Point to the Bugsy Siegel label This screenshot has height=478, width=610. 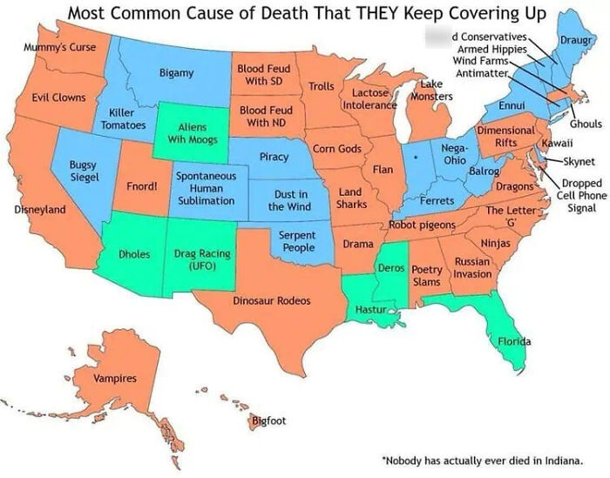pos(85,171)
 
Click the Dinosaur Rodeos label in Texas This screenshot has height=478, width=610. pos(271,300)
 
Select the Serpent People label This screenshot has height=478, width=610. pos(297,241)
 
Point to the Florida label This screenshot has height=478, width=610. pos(514,342)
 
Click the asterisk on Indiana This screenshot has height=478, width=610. pos(418,159)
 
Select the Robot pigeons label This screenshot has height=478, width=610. pos(422,226)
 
